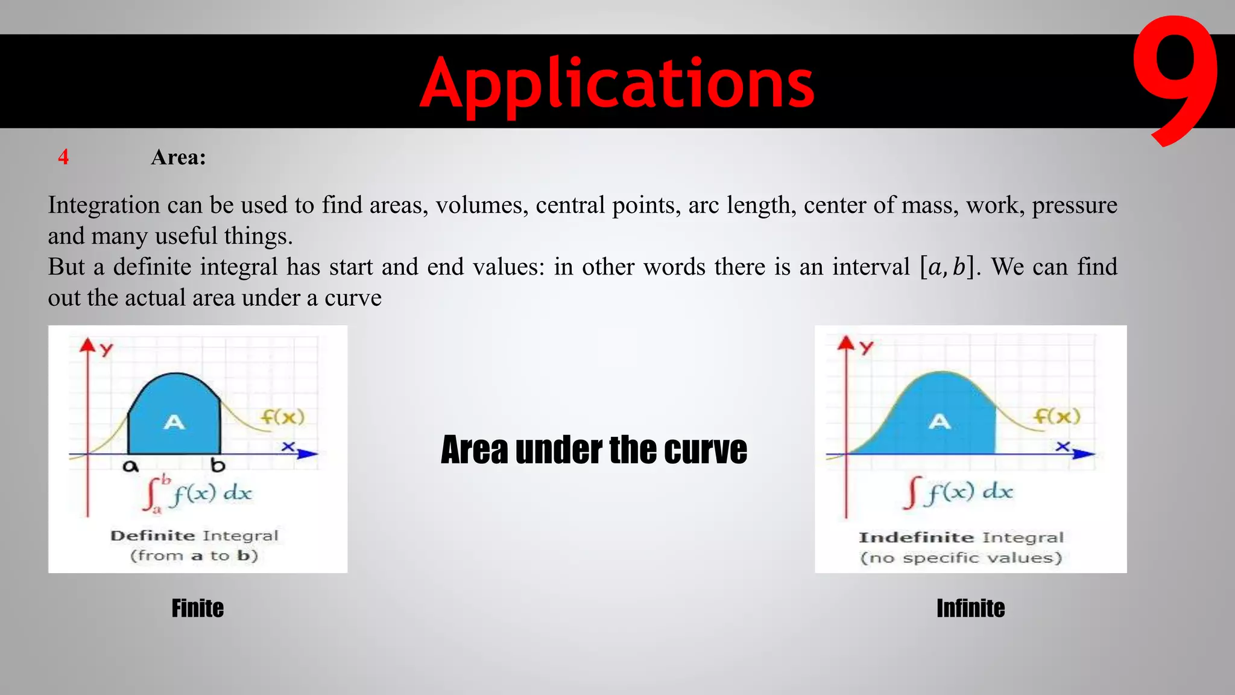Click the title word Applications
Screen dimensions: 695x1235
click(x=617, y=83)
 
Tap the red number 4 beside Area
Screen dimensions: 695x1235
click(x=63, y=157)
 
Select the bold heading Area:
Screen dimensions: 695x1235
click(x=178, y=157)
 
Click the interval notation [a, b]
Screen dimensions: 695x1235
click(x=947, y=267)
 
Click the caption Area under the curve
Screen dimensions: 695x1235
click(x=593, y=450)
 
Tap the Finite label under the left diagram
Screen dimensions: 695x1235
click(x=197, y=608)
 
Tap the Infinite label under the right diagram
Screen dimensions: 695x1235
click(x=970, y=608)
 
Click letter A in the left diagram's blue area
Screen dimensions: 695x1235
click(x=174, y=422)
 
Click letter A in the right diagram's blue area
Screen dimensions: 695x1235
click(x=939, y=421)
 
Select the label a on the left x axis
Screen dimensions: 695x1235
click(x=130, y=466)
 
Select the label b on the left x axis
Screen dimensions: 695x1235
click(x=218, y=465)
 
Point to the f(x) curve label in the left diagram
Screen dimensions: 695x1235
click(x=283, y=417)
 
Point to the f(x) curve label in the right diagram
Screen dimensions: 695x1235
click(x=1057, y=416)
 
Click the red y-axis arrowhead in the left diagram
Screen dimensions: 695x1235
click(x=88, y=344)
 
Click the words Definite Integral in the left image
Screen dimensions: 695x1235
click(x=194, y=536)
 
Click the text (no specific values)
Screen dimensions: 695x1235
click(x=961, y=557)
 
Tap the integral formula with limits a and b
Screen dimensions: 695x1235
click(x=198, y=493)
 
